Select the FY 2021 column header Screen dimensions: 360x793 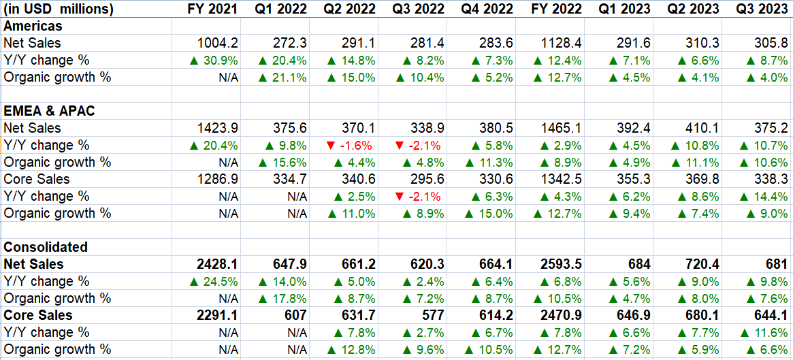pyautogui.click(x=213, y=9)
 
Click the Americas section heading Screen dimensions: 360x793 pyautogui.click(x=33, y=26)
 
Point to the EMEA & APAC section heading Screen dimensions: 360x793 pyautogui.click(x=50, y=111)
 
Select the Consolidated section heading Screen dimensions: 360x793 pyautogui.click(x=46, y=247)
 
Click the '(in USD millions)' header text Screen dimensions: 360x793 pyautogui.click(x=59, y=9)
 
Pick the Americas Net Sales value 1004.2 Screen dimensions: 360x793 pyautogui.click(x=219, y=43)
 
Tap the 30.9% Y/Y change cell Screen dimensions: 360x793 pyautogui.click(x=214, y=60)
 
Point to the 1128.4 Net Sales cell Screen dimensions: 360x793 pyautogui.click(x=562, y=43)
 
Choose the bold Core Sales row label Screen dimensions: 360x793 pyautogui.click(x=38, y=315)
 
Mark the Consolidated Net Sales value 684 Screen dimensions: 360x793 pyautogui.click(x=638, y=264)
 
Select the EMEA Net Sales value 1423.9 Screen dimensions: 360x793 pyautogui.click(x=219, y=128)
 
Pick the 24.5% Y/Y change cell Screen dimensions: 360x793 pyautogui.click(x=214, y=281)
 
